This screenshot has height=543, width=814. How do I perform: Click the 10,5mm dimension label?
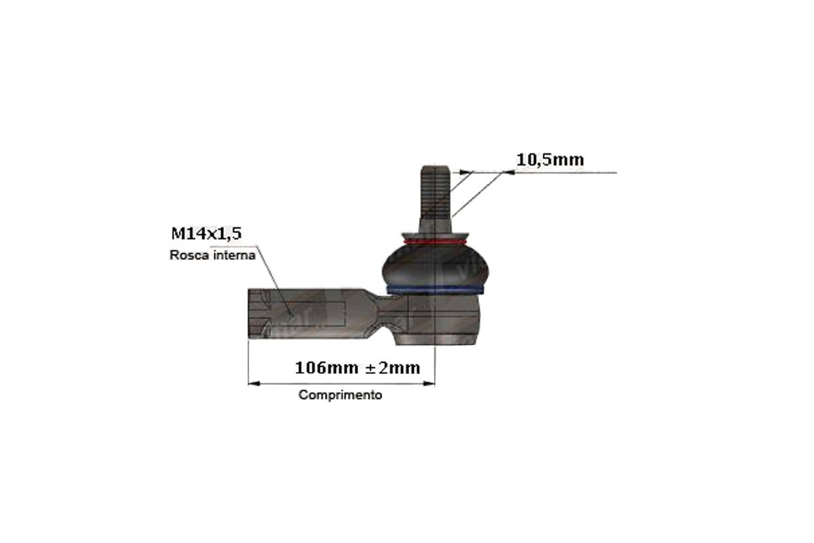coord(550,160)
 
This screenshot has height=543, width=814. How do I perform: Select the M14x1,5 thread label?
coord(206,233)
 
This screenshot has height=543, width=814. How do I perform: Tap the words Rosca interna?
coord(212,255)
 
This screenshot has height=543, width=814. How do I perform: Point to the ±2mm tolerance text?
coord(393,368)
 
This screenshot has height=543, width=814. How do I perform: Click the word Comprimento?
coord(340,395)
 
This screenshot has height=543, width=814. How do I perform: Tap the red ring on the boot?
coord(435,242)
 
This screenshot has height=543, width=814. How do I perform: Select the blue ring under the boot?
coord(435,290)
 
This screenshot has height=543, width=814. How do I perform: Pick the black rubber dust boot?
coord(435,265)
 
